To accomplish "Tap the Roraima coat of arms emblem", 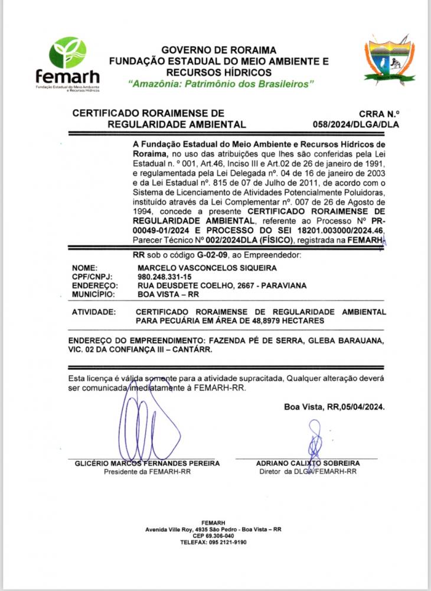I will pos(389,61).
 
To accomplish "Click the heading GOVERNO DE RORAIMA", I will pos(218,50).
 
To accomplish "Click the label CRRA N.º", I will pos(379,113).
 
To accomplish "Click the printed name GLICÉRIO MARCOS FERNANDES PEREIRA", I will pos(147,463).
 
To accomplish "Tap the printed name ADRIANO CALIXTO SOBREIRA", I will pos(308,463).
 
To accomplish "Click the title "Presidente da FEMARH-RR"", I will pos(147,472).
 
